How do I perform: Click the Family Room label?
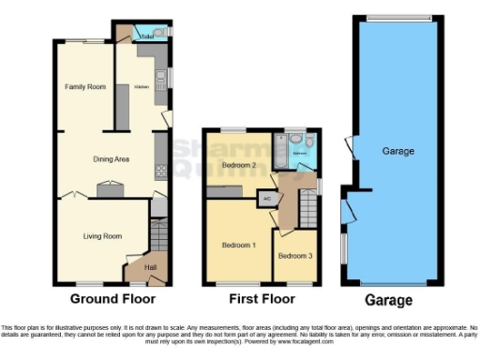click(84, 86)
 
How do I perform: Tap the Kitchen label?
click(141, 86)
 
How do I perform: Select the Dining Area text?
click(110, 159)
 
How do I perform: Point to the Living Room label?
click(103, 236)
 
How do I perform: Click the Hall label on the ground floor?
click(149, 267)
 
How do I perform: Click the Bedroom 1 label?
click(238, 245)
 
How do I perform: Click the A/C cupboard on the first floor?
click(267, 199)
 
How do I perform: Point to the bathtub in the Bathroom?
click(280, 149)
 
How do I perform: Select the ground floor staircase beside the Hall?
click(158, 235)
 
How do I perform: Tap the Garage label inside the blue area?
click(397, 151)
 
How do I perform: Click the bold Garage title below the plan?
click(388, 300)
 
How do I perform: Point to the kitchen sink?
click(160, 75)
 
